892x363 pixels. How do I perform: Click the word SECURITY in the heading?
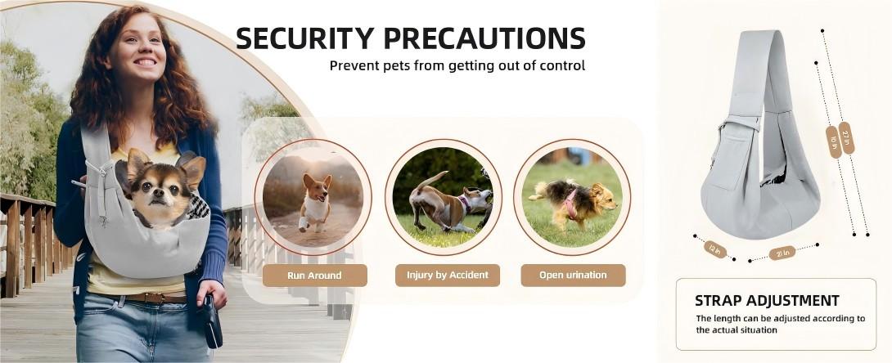(305, 38)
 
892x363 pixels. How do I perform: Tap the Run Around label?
(314, 276)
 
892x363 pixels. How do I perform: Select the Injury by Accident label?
(447, 275)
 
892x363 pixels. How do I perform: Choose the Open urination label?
(573, 275)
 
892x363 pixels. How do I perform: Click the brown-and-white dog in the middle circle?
(447, 202)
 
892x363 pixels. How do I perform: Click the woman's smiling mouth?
(145, 62)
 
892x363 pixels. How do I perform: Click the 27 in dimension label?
(846, 137)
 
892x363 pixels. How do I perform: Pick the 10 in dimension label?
(833, 142)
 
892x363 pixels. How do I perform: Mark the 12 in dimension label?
(715, 249)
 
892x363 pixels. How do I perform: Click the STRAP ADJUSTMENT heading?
(767, 301)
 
